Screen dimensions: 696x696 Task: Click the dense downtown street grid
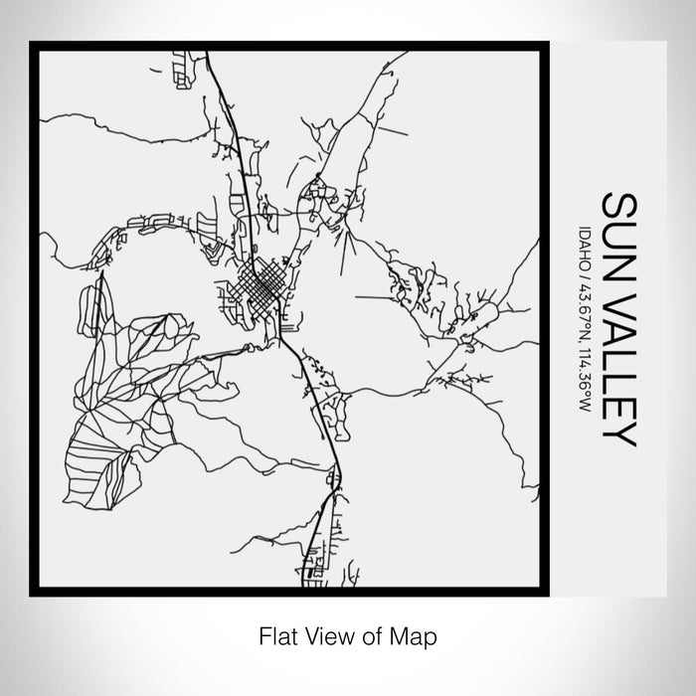[x=262, y=288]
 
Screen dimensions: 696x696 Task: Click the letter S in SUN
[x=618, y=206]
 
